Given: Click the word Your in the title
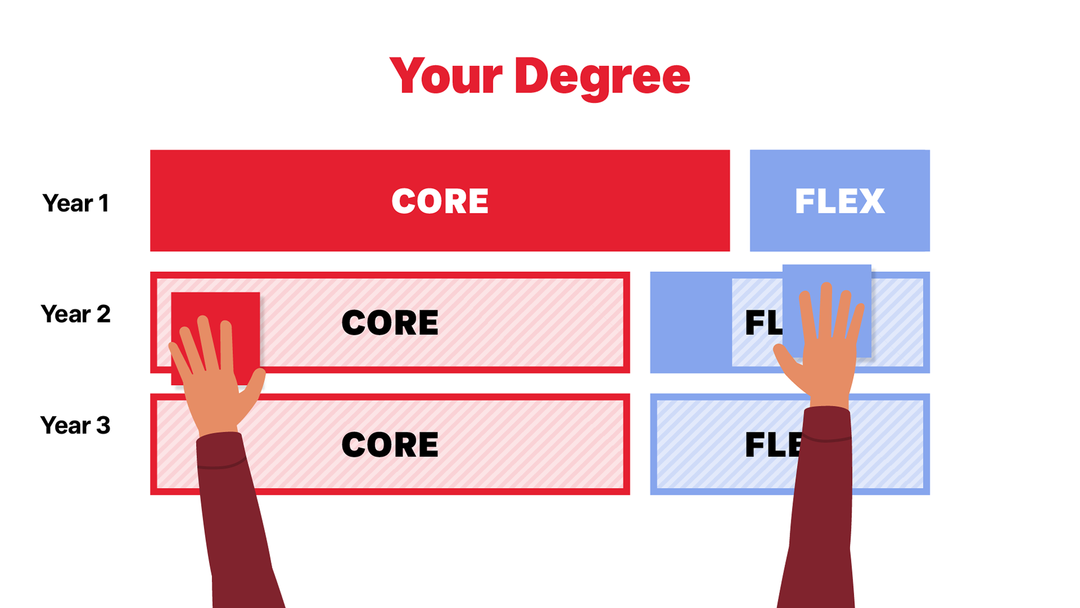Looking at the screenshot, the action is (445, 77).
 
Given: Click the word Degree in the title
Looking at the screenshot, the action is (602, 77).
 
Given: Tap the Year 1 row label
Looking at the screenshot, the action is (75, 203).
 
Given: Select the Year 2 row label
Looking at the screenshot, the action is (75, 314).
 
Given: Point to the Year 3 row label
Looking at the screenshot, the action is (75, 426).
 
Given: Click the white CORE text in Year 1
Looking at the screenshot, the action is (440, 202).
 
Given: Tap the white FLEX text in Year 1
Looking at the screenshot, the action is (840, 202).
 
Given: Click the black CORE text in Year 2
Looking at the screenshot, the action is (390, 323).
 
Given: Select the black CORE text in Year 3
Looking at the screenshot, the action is (390, 445).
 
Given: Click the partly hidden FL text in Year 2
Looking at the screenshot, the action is (763, 323).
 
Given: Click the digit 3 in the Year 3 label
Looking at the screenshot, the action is (103, 426).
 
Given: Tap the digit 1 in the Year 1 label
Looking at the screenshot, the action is (103, 203).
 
